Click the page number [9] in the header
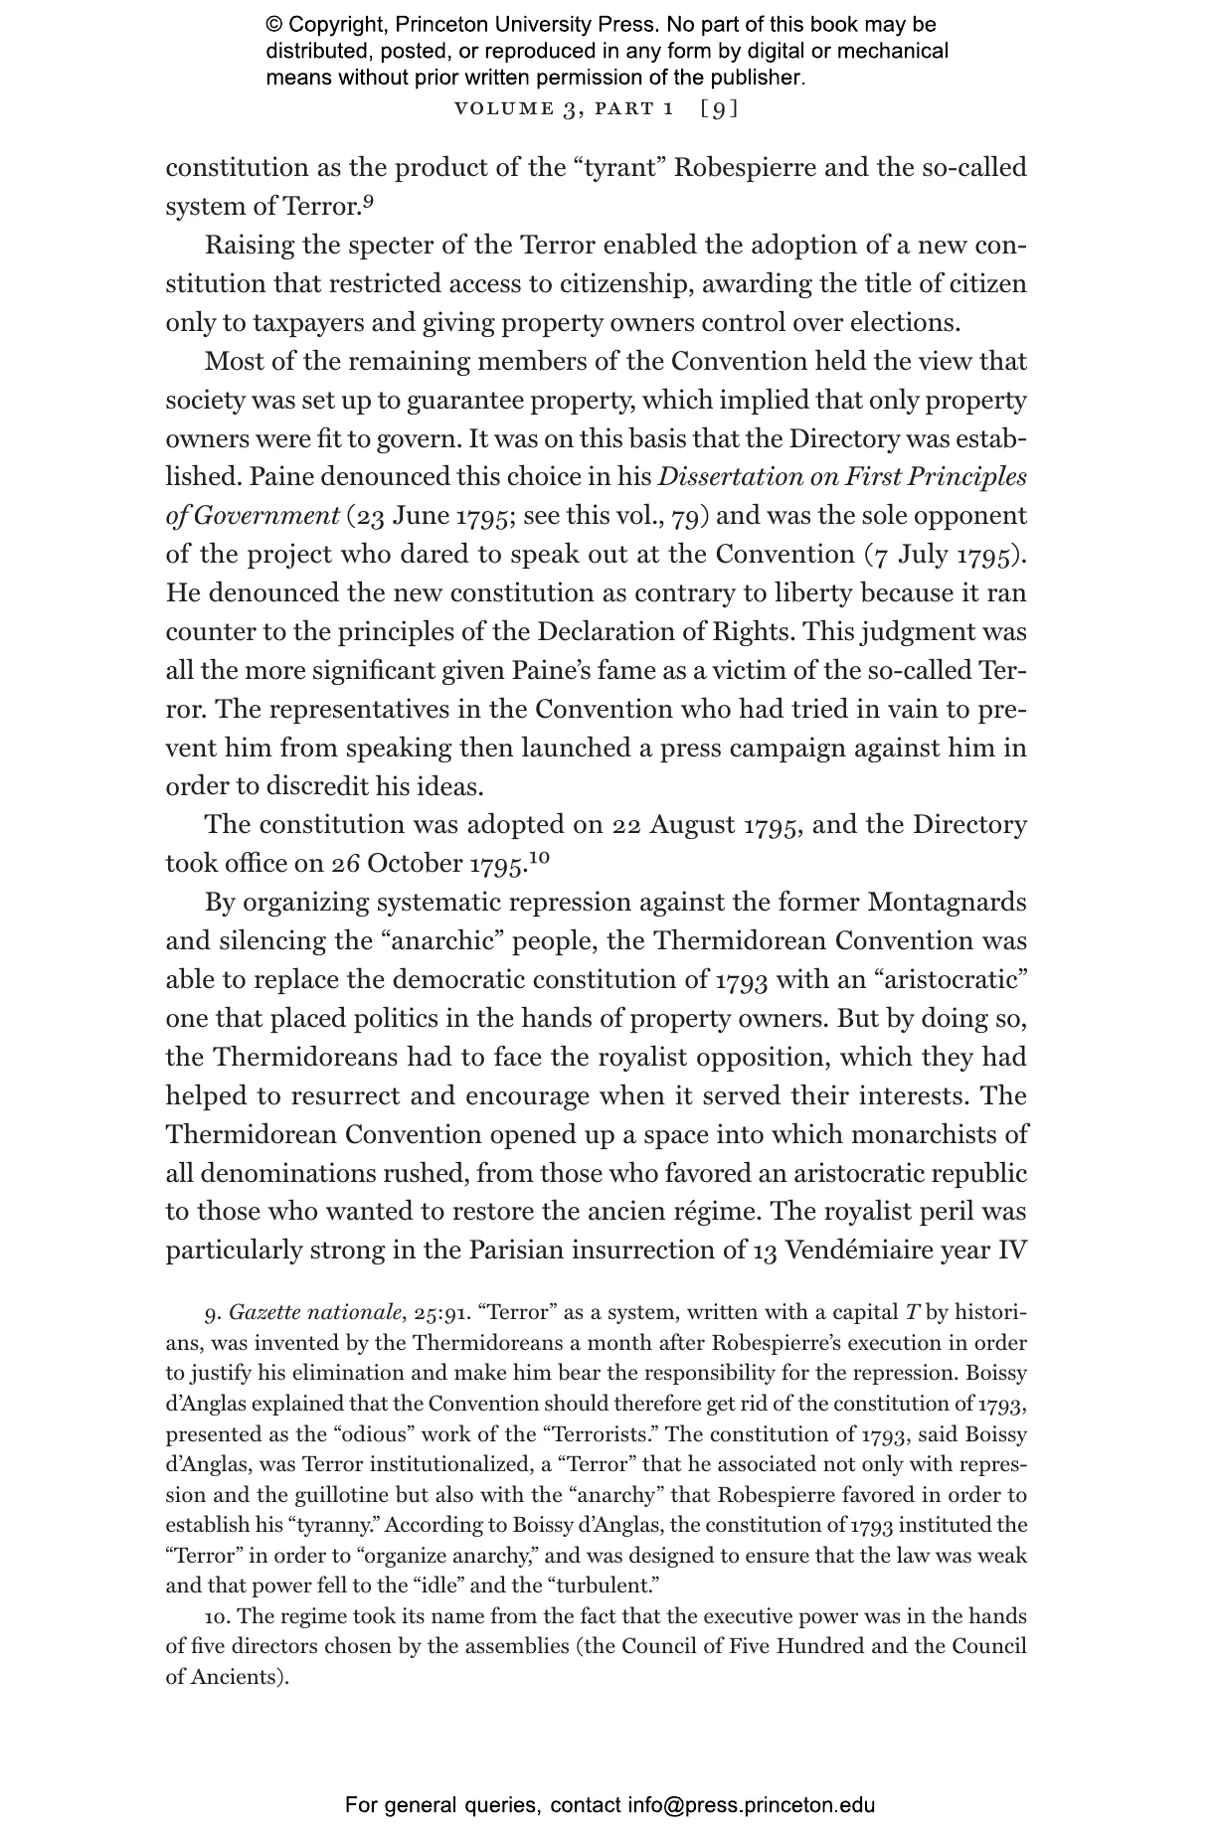(x=719, y=108)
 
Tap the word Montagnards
(x=947, y=903)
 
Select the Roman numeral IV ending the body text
(x=1011, y=1250)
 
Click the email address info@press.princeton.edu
(x=751, y=1805)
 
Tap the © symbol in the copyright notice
(x=274, y=25)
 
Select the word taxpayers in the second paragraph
(x=309, y=323)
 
